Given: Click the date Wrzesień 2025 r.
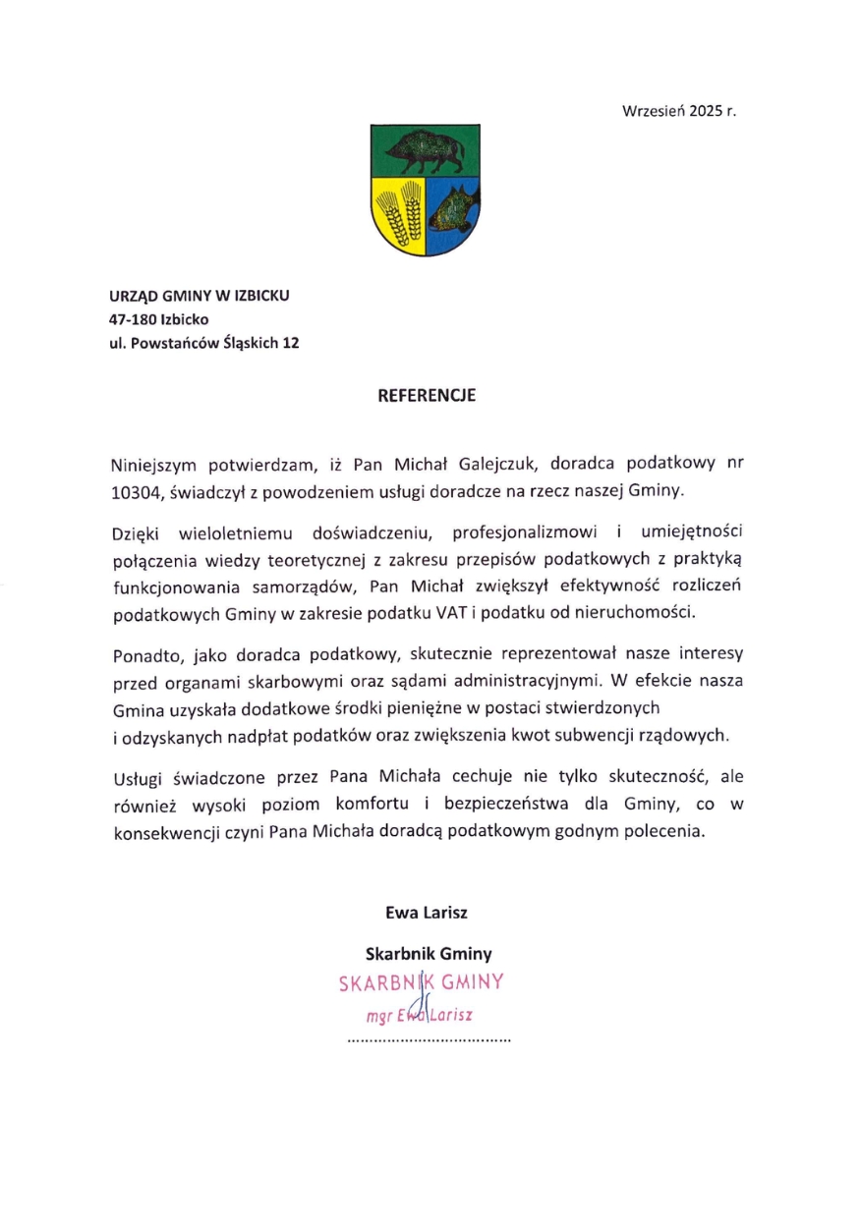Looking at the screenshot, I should (x=679, y=112).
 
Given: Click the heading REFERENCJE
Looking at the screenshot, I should (x=427, y=396).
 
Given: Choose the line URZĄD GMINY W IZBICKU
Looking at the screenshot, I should (x=200, y=295).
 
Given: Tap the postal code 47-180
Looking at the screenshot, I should (x=133, y=319).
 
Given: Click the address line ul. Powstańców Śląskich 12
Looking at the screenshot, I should (x=204, y=344).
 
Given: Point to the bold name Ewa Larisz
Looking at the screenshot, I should (x=427, y=912).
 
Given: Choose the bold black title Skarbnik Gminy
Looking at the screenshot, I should (x=429, y=953).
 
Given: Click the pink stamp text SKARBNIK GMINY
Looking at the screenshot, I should (x=421, y=981).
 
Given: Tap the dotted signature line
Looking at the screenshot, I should (x=430, y=1038).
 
